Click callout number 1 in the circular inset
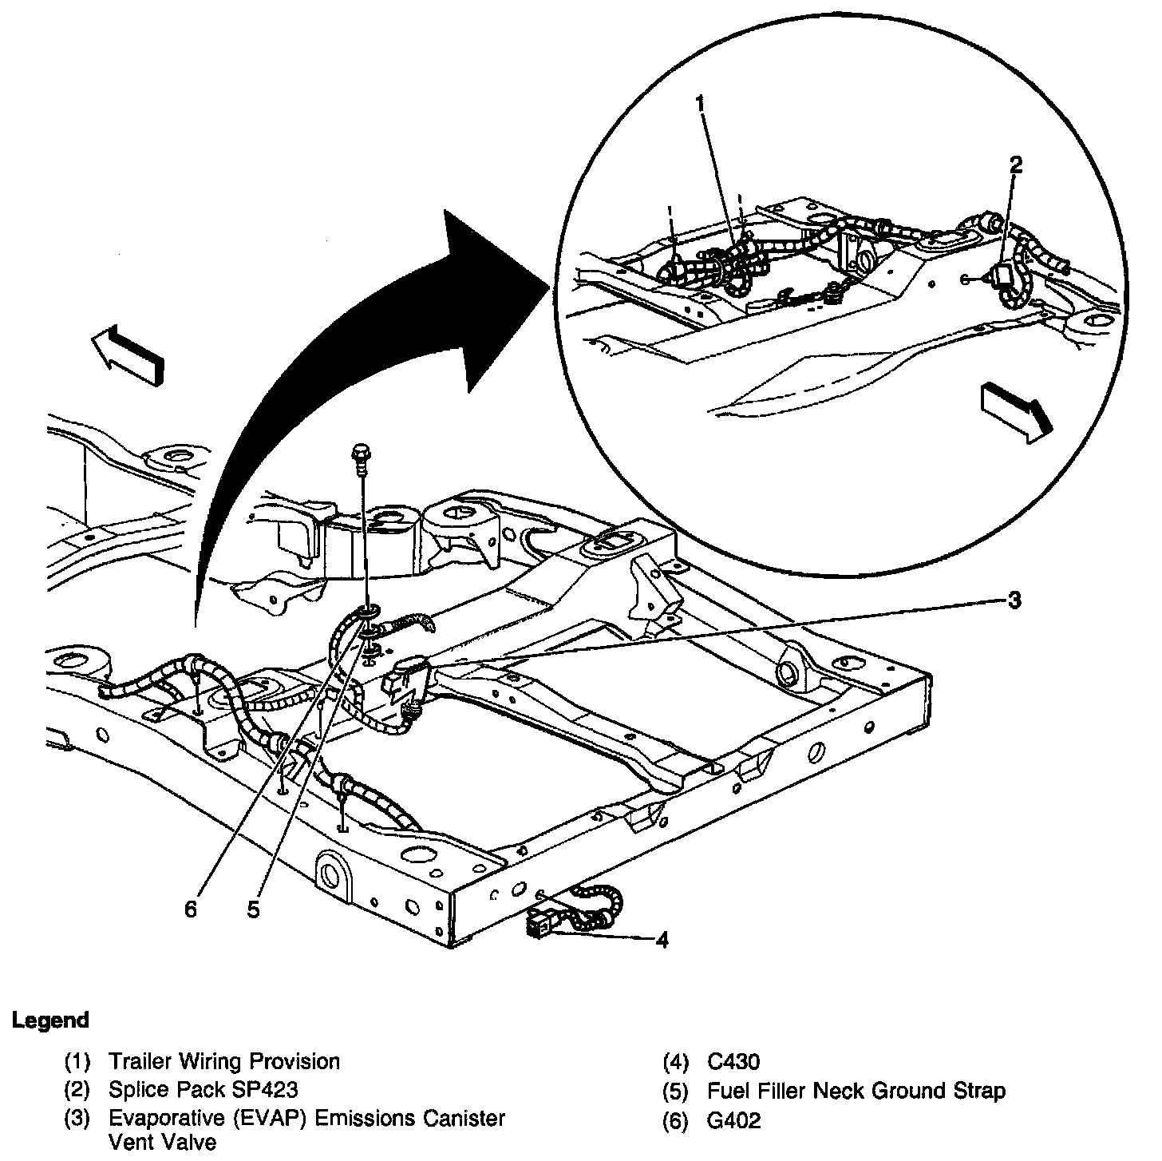coord(700,104)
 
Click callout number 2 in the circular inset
coord(1015,165)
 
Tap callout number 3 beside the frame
coord(1014,600)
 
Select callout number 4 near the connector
coord(662,940)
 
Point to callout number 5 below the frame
coord(253,909)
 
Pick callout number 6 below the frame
coord(191,909)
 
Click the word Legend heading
coord(50,1020)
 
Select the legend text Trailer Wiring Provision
coord(224,1061)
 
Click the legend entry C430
coord(733,1061)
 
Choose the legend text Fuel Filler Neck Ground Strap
coord(856,1090)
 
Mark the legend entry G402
coord(733,1120)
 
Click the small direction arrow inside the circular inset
coord(1015,410)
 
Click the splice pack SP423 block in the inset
coord(1003,277)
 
